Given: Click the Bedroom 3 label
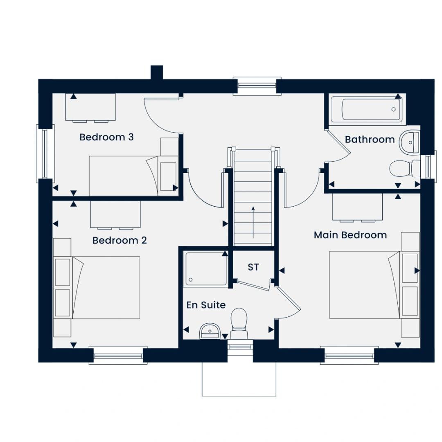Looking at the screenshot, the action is [x=106, y=137].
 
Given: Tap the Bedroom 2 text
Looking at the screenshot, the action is [x=120, y=241].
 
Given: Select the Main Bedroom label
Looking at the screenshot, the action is [x=350, y=235].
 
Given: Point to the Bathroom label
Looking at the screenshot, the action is [x=370, y=140].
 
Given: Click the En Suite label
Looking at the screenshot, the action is [x=206, y=305].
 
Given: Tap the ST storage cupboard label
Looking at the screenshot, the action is [x=253, y=267].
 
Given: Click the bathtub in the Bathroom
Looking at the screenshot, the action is [x=366, y=109].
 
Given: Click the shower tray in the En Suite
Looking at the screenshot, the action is [x=205, y=269].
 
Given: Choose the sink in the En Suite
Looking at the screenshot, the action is [x=209, y=331].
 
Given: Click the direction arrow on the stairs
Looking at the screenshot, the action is [x=253, y=222].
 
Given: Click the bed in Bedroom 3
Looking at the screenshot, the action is [x=124, y=176].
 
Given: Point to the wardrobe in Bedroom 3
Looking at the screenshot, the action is [x=90, y=107].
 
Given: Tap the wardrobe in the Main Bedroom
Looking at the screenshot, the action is [x=357, y=207].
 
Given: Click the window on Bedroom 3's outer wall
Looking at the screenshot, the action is [x=45, y=153].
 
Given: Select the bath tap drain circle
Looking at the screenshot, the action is [x=394, y=109].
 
